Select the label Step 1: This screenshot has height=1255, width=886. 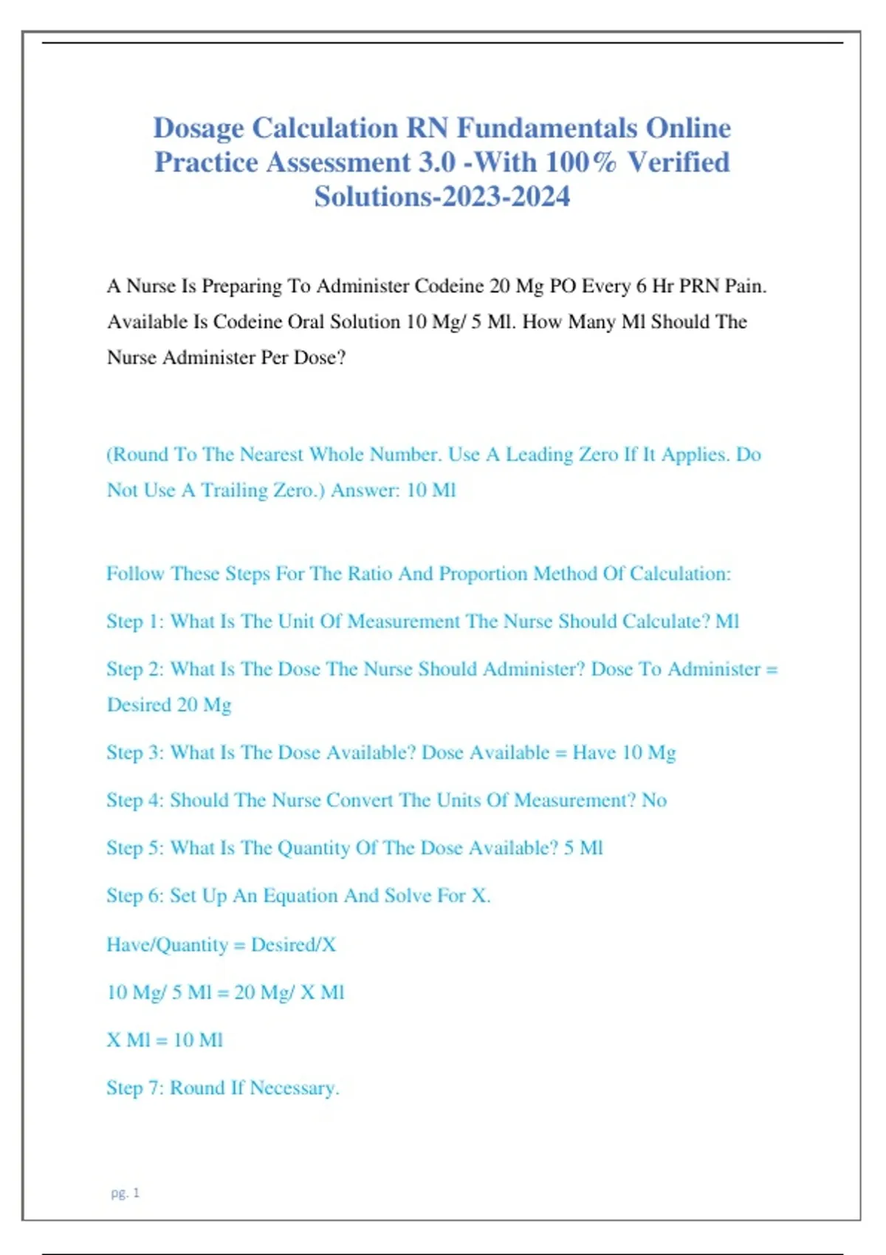[135, 622]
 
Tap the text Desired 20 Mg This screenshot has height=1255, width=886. [169, 705]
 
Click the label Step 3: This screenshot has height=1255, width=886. [135, 753]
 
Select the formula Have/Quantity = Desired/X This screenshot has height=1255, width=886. [221, 945]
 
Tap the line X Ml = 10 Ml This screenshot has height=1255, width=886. [165, 1040]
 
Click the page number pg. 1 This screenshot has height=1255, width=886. [126, 1193]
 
